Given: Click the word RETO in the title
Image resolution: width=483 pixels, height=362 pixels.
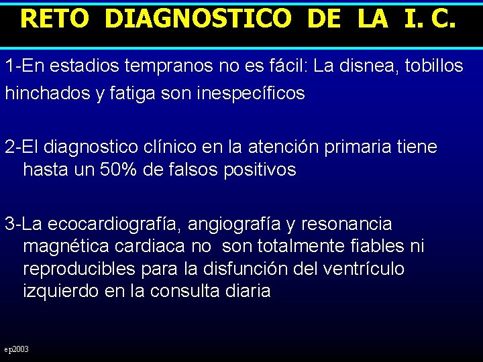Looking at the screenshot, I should (54, 18).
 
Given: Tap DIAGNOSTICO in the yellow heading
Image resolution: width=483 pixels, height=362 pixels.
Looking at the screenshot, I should (199, 18).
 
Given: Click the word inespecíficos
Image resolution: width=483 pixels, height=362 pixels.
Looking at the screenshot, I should (251, 94).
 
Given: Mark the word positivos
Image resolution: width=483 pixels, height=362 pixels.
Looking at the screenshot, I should (259, 170).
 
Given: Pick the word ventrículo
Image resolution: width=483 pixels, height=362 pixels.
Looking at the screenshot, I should (366, 269).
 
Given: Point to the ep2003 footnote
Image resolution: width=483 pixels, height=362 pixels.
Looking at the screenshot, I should (17, 349).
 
